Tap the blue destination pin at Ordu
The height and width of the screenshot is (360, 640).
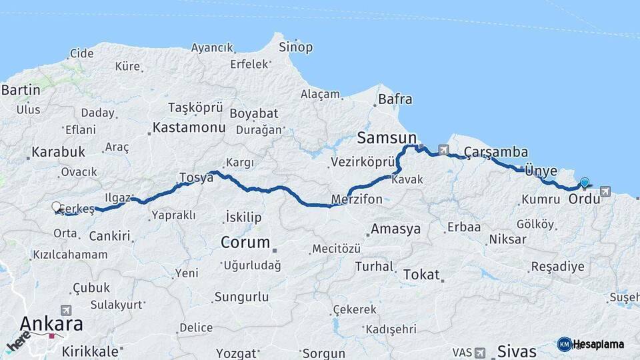[x=585, y=182]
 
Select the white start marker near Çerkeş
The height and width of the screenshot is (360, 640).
[x=57, y=207]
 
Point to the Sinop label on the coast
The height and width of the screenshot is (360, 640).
[x=295, y=47]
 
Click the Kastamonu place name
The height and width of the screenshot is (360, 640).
[x=189, y=127]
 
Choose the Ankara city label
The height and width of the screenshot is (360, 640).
[x=51, y=324]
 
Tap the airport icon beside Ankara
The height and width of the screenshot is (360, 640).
[x=66, y=310]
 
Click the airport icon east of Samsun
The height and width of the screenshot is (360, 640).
[x=443, y=149]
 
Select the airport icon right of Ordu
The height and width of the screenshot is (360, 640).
[x=605, y=191]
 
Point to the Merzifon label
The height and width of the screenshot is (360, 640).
[x=357, y=199]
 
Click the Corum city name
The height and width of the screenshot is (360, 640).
[x=245, y=242]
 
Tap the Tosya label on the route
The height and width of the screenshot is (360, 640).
[x=195, y=177]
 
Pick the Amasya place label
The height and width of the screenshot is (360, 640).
[x=396, y=229]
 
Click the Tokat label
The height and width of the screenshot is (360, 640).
[x=421, y=274]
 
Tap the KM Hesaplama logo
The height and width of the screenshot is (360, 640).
[x=591, y=344]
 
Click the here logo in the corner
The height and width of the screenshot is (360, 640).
[x=18, y=343]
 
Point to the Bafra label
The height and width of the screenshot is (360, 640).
[x=395, y=100]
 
